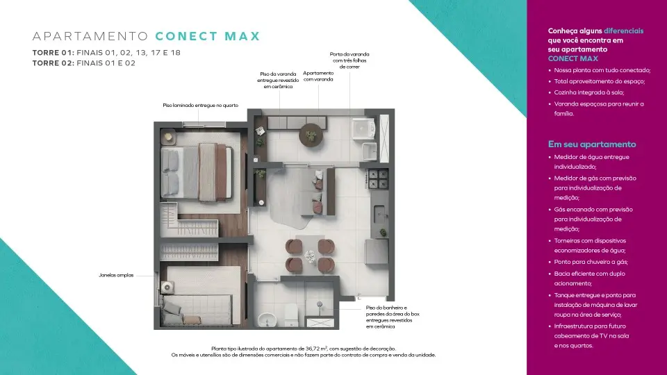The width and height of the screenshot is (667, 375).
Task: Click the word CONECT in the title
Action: tap(186, 36)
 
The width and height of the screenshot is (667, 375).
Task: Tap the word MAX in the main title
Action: tap(242, 36)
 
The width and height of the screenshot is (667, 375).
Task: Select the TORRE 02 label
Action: tap(53, 63)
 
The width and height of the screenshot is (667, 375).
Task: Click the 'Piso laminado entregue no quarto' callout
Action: tap(200, 106)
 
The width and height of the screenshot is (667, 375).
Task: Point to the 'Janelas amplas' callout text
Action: tap(116, 275)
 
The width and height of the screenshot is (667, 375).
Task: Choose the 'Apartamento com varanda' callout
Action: tap(318, 76)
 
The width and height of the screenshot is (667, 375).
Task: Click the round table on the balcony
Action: tap(311, 135)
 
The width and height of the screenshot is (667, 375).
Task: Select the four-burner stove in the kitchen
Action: tap(378, 179)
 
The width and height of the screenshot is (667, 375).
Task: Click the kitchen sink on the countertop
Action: tap(379, 215)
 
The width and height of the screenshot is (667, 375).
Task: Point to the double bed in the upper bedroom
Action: tap(197, 172)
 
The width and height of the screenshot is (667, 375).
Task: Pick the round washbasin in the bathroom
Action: tap(267, 319)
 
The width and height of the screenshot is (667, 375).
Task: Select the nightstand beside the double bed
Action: tap(168, 137)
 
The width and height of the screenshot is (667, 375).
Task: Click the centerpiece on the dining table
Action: tap(310, 256)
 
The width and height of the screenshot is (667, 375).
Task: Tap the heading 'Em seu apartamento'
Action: tap(592, 144)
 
